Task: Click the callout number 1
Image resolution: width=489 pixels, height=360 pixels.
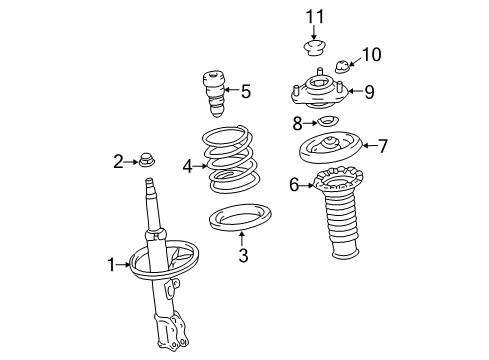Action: pos(112,265)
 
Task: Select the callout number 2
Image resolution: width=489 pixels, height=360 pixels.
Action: pos(118,160)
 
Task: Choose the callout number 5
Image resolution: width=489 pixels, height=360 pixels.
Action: pos(245,92)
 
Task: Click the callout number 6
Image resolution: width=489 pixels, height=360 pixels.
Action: pos(294,184)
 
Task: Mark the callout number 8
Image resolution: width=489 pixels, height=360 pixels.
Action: pos(297,124)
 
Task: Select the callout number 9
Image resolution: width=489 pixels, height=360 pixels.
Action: pos(369,92)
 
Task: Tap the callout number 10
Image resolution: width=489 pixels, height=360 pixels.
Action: pos(371,53)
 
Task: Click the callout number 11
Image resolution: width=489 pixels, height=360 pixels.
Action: pos(316,16)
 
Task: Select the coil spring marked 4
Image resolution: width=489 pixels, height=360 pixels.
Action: pos(232,160)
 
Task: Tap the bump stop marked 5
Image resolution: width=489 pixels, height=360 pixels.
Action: pos(214,91)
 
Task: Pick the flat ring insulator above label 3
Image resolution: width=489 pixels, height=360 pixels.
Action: pos(238,221)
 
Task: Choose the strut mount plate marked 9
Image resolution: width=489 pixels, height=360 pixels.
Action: pos(321,92)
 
